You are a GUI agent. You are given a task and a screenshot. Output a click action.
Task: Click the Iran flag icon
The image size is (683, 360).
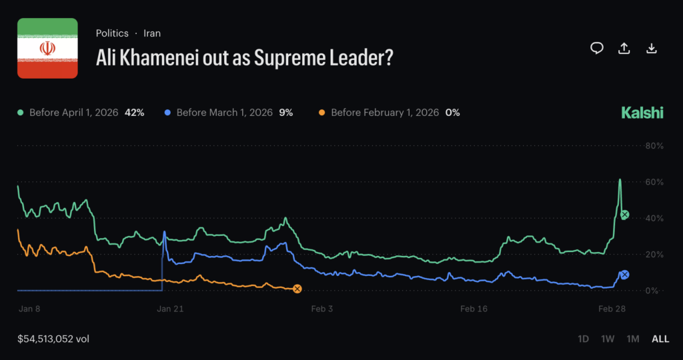pos(47,48)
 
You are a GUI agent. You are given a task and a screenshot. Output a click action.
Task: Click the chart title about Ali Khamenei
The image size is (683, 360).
pos(244,59)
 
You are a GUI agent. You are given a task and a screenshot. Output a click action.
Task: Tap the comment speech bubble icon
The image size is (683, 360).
pos(597,48)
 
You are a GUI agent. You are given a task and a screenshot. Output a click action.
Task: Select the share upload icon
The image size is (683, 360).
pos(624,48)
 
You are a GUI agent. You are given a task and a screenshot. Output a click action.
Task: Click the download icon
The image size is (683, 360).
pos(652,48)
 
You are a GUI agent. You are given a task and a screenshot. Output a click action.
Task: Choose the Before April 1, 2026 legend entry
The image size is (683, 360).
pos(80,113)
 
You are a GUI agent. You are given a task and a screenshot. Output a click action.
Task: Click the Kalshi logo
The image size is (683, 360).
pos(642,113)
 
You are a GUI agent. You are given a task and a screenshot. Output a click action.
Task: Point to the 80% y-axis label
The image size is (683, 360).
pos(654,146)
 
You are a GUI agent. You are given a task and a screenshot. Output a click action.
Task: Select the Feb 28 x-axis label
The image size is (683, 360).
pos(612,309)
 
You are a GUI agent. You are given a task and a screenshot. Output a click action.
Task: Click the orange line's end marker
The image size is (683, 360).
pos(297,289)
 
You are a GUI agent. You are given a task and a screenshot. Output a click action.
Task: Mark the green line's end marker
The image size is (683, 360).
pos(624,215)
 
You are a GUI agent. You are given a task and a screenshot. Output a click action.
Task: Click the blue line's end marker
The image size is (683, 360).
pos(624,274)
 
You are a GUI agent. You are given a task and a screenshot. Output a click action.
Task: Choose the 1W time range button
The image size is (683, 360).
pos(608,339)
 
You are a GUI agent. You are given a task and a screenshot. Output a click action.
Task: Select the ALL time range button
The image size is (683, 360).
pos(660,339)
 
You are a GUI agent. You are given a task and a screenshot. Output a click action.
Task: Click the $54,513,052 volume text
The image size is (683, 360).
pos(53,339)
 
